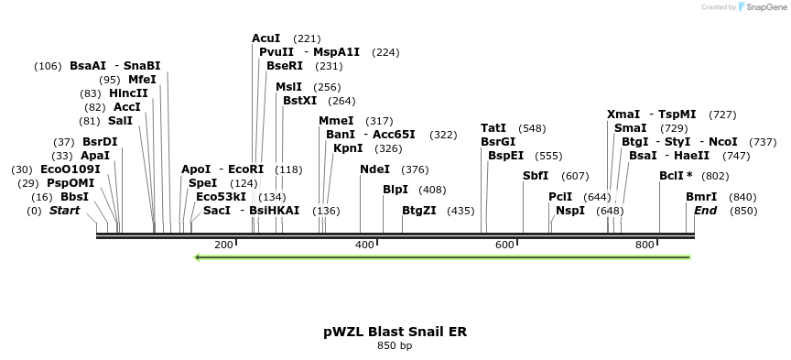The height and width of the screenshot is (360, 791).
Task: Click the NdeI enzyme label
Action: tap(375, 169)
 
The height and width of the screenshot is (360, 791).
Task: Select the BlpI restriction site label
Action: tap(395, 190)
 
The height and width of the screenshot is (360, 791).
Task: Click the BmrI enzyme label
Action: tap(701, 197)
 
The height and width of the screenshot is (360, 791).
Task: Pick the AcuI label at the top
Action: tap(266, 38)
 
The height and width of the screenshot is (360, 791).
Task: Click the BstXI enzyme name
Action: tap(299, 101)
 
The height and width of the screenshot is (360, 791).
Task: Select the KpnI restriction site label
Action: tap(348, 148)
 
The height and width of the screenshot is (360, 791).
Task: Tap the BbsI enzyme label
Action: tap(75, 197)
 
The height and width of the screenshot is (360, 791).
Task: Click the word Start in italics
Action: tap(64, 211)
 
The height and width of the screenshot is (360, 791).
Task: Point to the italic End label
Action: tap(705, 211)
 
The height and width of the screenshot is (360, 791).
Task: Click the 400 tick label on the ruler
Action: tap(364, 245)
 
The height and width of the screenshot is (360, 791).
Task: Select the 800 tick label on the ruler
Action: tap(645, 245)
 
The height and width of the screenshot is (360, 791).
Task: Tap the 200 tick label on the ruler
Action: tap(223, 245)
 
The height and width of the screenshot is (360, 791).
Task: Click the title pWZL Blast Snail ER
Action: tap(395, 331)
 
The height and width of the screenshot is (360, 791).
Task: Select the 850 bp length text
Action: tap(395, 346)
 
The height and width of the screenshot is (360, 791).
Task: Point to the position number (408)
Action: tap(432, 190)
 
